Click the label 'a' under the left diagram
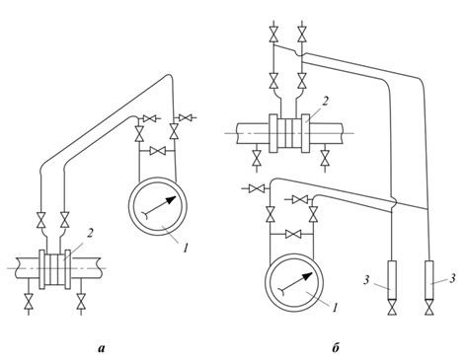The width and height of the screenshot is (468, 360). pos(102,348)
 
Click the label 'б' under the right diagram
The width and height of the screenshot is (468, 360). pos(336,348)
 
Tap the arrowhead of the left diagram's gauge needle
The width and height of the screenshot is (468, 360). pos(171,199)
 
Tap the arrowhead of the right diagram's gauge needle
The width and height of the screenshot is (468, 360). pos(307,276)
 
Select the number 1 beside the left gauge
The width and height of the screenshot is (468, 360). pos(185,248)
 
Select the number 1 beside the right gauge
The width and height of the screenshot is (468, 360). pos(335,308)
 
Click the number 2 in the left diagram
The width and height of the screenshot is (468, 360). pos(91,234)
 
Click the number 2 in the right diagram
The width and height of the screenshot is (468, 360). pos(325,102)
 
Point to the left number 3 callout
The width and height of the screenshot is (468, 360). pos(367,280)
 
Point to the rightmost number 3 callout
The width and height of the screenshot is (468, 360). pos(452,279)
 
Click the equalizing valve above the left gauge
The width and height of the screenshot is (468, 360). pos(158,151)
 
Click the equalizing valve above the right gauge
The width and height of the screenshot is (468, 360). pos(291,234)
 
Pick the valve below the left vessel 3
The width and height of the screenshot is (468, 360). pos(392,310)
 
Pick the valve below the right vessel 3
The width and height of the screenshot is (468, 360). pos(429,310)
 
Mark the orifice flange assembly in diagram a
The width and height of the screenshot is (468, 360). pos(55,269)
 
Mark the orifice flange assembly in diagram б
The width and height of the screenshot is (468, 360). pos(289,133)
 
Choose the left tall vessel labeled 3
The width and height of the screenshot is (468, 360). pos(392,280)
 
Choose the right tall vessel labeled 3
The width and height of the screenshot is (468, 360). pos(429,280)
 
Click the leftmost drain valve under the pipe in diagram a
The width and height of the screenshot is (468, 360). pos(29,302)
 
